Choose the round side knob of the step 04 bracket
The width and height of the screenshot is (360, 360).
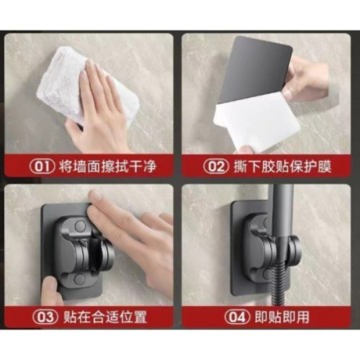click(x=294, y=249)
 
